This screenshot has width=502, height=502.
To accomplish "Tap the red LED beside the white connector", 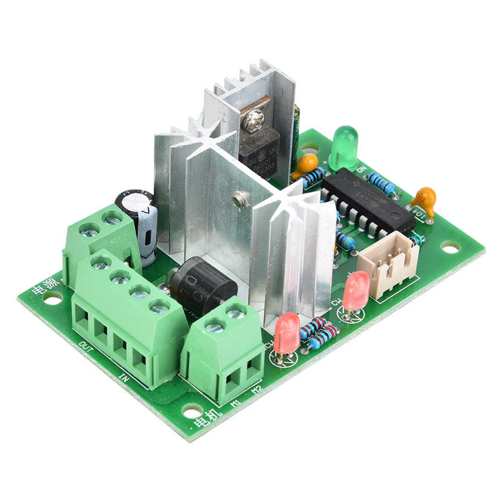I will [x=355, y=290].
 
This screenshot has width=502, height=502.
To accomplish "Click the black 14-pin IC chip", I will [x=368, y=201].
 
